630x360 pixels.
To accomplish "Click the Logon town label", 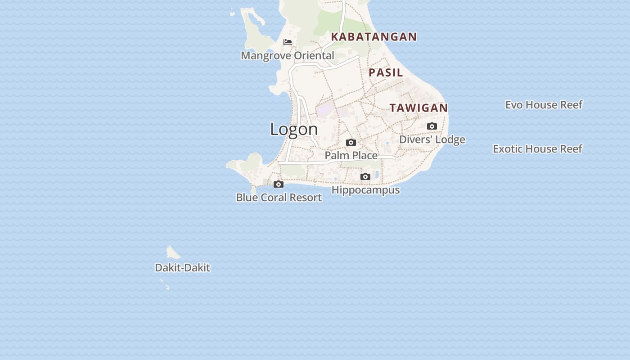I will coord(294,129).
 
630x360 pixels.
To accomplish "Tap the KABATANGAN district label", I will coord(374,37).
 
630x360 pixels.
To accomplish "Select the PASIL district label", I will coord(386,72).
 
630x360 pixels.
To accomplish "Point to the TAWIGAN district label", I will coord(418,108).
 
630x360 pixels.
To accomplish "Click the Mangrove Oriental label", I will coord(288,56).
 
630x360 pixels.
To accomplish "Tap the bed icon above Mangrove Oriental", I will coord(288,42).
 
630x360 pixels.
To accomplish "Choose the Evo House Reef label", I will coord(544,105).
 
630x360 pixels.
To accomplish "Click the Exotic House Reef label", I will coord(537,149).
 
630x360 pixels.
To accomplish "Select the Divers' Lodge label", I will coord(432,139).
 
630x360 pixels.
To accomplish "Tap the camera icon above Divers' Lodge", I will coord(432,126).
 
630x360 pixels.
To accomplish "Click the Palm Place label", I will coord(351,156).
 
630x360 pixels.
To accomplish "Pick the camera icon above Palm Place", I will coord(351,143).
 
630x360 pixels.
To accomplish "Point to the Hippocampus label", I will coord(365,190).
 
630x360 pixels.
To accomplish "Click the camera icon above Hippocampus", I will coord(365,176).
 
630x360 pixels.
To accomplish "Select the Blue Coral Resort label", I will coord(279,198).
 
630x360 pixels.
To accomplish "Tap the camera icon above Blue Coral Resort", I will coord(279,184).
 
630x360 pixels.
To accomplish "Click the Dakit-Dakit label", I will coord(182,268).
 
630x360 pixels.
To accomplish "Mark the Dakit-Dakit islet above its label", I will coord(172,252).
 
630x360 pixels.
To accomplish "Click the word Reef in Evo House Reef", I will coord(569,105).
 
